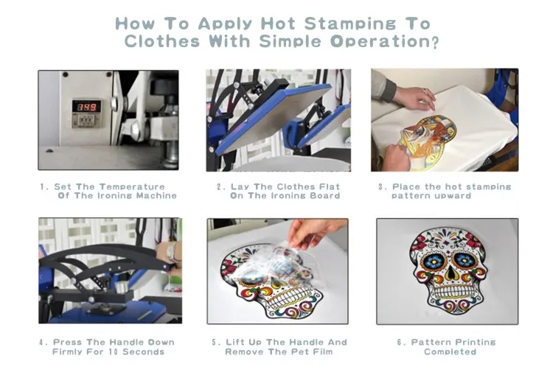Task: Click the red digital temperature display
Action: coord(86,106)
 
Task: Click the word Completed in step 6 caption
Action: coord(450,351)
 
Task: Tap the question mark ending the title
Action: coord(436,43)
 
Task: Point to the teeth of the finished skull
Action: coord(450,292)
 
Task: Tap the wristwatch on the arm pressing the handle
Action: coord(171,251)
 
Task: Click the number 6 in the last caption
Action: coord(400,343)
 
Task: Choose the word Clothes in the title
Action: coord(162,41)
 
